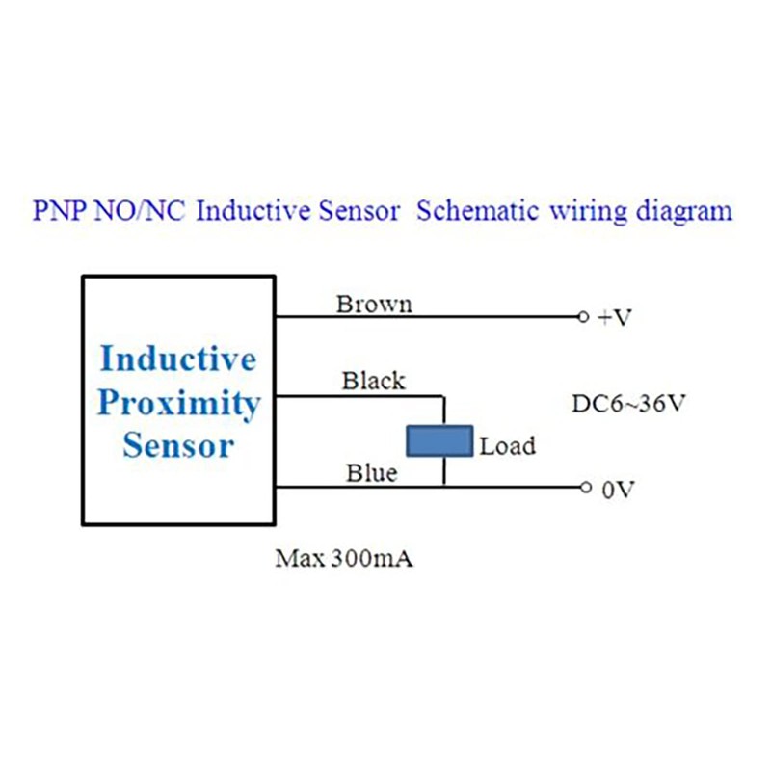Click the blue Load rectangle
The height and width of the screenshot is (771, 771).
pos(439,441)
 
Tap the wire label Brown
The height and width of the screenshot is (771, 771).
pos(374,305)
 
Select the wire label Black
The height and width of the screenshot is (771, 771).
pos(374,381)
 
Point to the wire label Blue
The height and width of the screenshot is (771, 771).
pos(372,473)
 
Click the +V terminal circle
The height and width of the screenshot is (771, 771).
pos(583,317)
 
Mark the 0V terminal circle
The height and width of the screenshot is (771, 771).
pos(585,488)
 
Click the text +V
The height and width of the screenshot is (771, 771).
pos(614,318)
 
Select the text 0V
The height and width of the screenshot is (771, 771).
pos(619,490)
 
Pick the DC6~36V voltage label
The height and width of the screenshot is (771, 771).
pos(628,404)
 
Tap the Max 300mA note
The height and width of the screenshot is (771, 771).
pos(344,559)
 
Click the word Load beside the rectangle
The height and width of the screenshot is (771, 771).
pos(508,446)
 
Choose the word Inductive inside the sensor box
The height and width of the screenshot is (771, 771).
pos(178,359)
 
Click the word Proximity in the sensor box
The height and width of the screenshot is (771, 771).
pos(179,404)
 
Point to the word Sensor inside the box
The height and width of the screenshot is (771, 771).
pos(178,445)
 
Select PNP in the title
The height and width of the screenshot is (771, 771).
pos(60,210)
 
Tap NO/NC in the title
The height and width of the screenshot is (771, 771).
pos(139,210)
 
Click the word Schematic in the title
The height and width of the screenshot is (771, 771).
pos(477,210)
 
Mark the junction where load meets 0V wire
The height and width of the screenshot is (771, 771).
pos(444,488)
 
